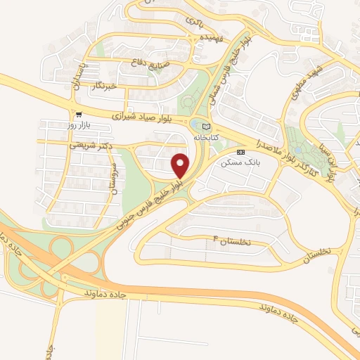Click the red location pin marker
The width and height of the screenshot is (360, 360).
[181, 165]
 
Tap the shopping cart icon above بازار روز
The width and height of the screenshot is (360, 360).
[79, 114]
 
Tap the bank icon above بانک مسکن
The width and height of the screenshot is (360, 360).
[241, 152]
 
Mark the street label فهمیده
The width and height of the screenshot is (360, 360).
[210, 37]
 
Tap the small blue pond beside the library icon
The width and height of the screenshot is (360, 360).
[195, 125]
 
